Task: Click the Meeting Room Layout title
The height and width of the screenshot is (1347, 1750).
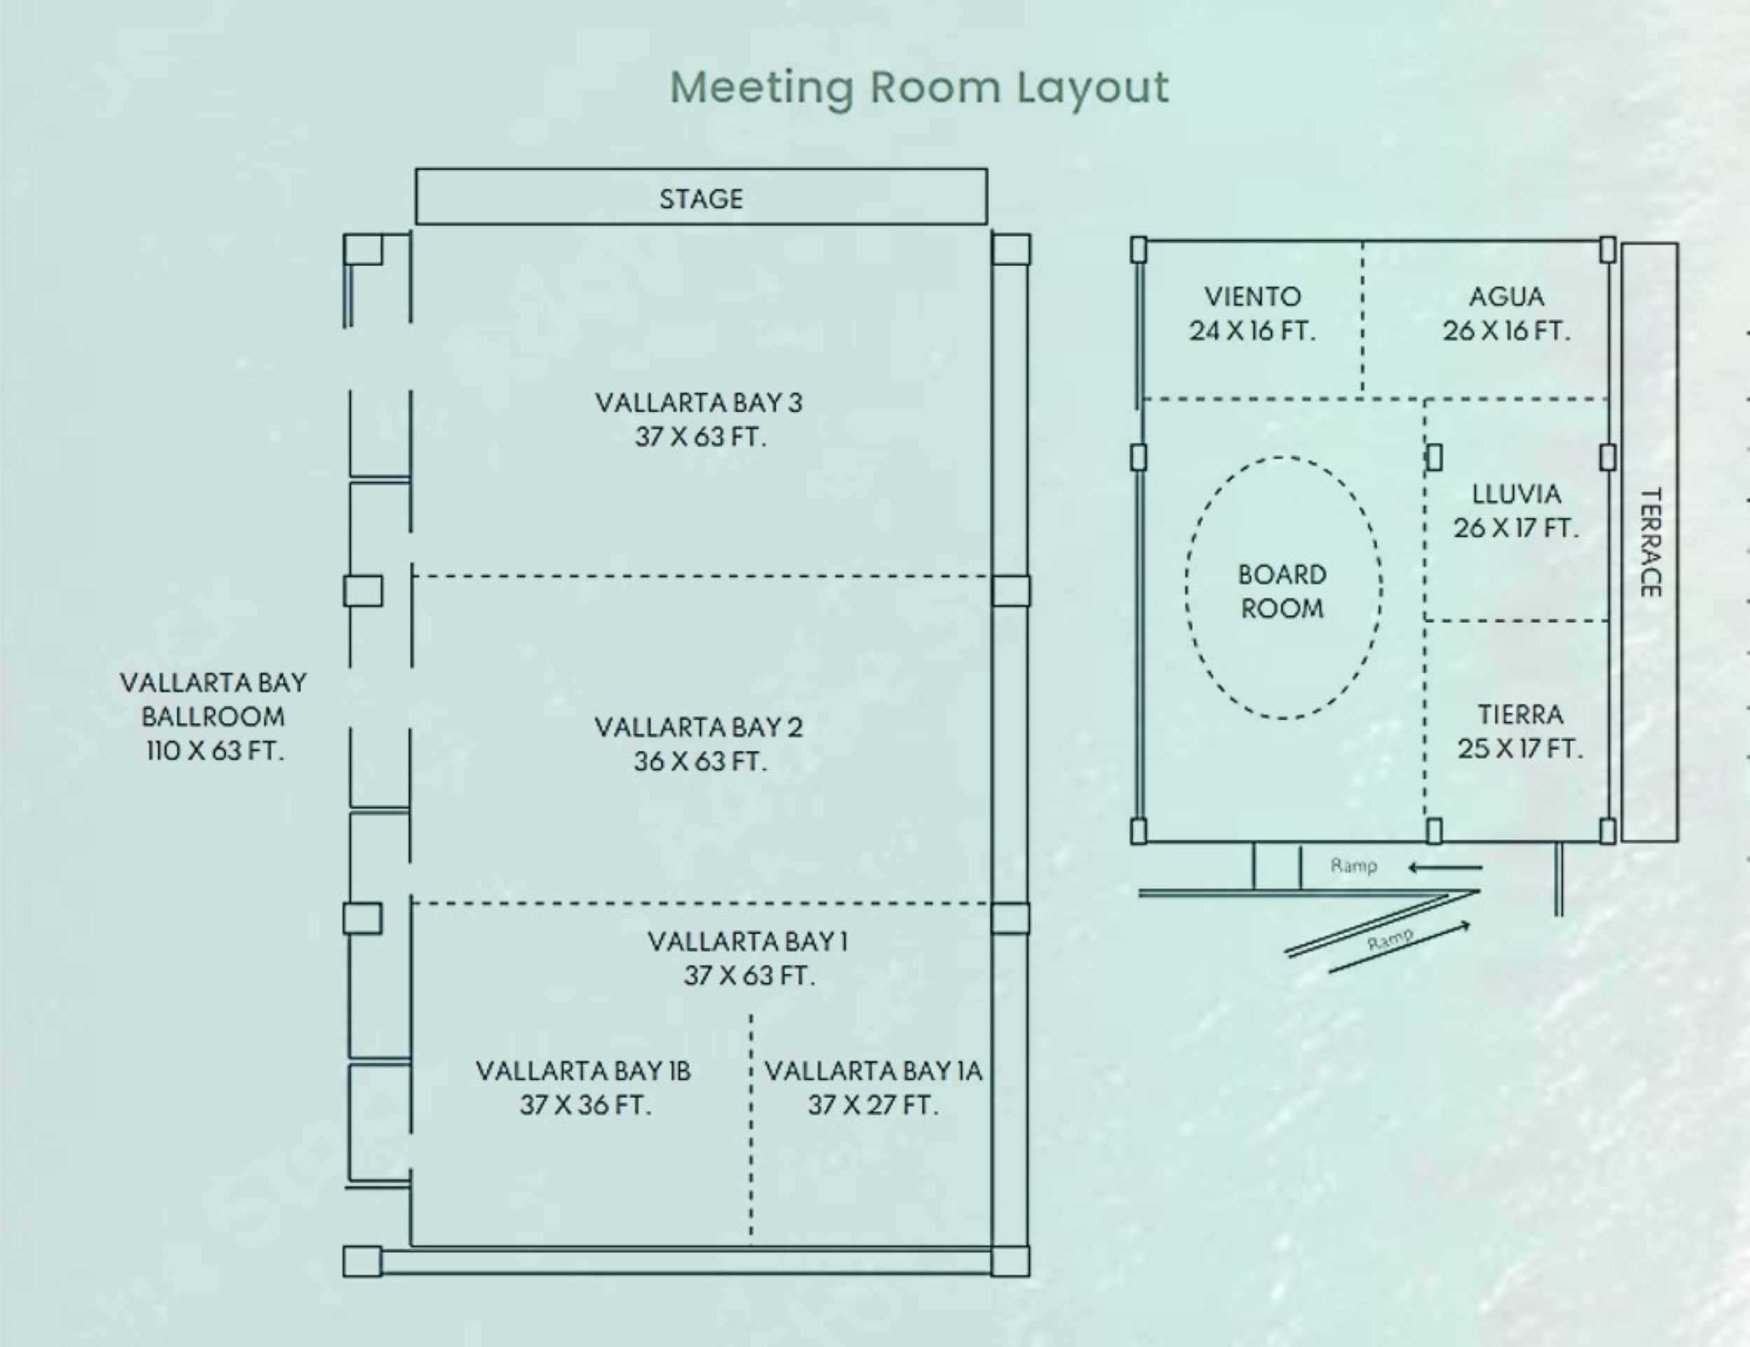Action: pyautogui.click(x=919, y=87)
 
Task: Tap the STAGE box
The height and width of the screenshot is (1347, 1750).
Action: pyautogui.click(x=701, y=196)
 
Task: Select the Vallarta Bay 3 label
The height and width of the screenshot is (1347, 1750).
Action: pyautogui.click(x=699, y=402)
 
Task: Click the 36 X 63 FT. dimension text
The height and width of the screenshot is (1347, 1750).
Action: pyautogui.click(x=700, y=761)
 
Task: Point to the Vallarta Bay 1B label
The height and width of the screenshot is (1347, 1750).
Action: pyautogui.click(x=583, y=1071)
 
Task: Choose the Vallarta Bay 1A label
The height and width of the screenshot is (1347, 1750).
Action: pyautogui.click(x=874, y=1071)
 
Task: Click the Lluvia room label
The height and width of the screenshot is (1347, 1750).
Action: pyautogui.click(x=1516, y=494)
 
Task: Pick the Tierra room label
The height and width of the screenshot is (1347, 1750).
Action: pyautogui.click(x=1520, y=714)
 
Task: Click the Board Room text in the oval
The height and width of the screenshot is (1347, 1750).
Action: pyautogui.click(x=1282, y=591)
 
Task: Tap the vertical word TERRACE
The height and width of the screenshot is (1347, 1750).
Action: pyautogui.click(x=1650, y=542)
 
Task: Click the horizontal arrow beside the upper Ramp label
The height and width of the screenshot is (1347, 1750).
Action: pyautogui.click(x=1445, y=866)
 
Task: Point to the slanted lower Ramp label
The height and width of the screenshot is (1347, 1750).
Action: pyautogui.click(x=1390, y=938)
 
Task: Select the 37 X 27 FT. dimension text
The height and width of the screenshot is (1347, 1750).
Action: pyautogui.click(x=873, y=1105)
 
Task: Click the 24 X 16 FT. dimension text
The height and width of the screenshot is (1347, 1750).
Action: pyautogui.click(x=1252, y=331)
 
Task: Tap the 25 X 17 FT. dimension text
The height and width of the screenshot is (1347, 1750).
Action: pyautogui.click(x=1520, y=749)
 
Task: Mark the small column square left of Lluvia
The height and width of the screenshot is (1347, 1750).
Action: pyautogui.click(x=1434, y=457)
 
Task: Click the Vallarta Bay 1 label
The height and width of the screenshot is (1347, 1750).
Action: pyautogui.click(x=748, y=941)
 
